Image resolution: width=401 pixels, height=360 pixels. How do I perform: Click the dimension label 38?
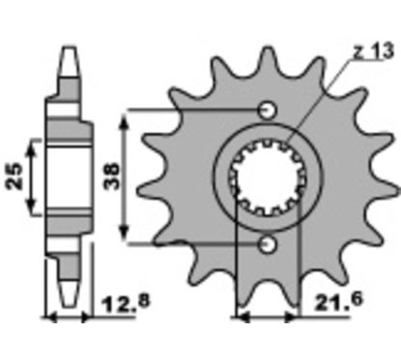(112, 176)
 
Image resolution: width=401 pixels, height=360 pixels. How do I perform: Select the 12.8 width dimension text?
(126, 303)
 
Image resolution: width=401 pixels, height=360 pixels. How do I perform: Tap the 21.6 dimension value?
(338, 301)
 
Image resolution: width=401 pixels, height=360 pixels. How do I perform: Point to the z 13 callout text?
(373, 51)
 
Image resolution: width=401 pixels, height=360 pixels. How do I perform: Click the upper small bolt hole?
(268, 110)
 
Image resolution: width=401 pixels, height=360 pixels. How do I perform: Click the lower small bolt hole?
(268, 245)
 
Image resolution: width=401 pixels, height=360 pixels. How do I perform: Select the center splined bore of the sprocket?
(267, 178)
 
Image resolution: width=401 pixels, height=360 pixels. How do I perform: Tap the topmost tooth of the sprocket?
(267, 61)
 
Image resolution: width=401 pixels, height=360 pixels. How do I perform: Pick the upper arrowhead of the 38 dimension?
(125, 121)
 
